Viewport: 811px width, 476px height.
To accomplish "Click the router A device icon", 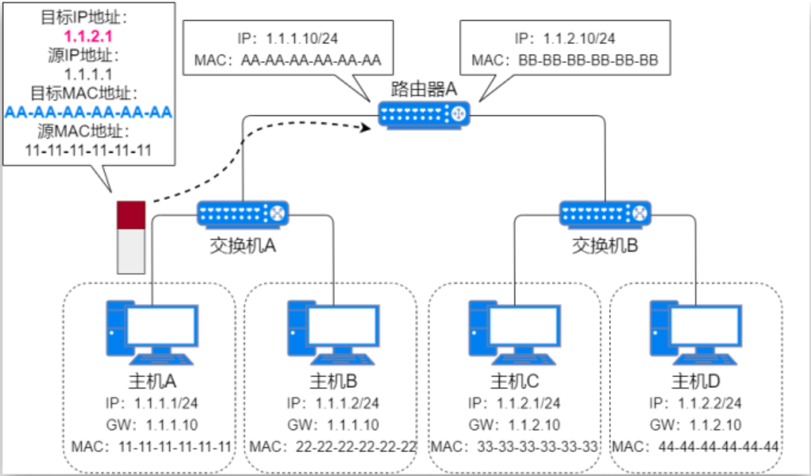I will click(424, 114).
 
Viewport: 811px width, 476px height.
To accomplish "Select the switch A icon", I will click(243, 213).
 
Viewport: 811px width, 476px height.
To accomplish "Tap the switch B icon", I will click(605, 213).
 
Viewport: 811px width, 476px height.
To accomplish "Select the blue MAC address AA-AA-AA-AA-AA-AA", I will click(88, 112).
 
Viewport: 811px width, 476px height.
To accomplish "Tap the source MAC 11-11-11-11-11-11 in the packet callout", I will click(88, 150).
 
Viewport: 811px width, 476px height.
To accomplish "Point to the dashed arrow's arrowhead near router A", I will click(367, 127).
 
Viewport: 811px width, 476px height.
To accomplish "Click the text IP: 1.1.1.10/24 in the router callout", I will click(287, 37).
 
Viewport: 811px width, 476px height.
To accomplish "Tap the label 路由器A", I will click(425, 88).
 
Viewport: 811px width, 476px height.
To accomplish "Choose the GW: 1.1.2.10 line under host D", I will click(696, 425).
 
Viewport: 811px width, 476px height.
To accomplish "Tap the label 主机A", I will click(151, 379).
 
